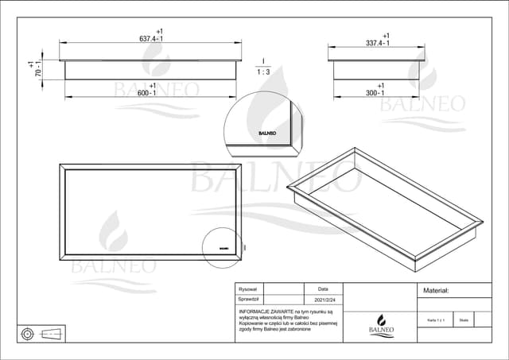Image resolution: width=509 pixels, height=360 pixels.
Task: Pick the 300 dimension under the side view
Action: pos(375,92)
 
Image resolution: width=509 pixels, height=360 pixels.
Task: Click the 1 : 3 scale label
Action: pos(262,71)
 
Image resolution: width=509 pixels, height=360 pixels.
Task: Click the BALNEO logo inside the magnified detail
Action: pos(266,134)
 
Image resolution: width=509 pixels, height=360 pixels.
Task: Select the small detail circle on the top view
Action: pos(221,245)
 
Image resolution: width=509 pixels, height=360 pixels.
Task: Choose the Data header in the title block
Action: pos(322,290)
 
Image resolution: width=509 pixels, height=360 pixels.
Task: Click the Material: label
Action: pos(437,292)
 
